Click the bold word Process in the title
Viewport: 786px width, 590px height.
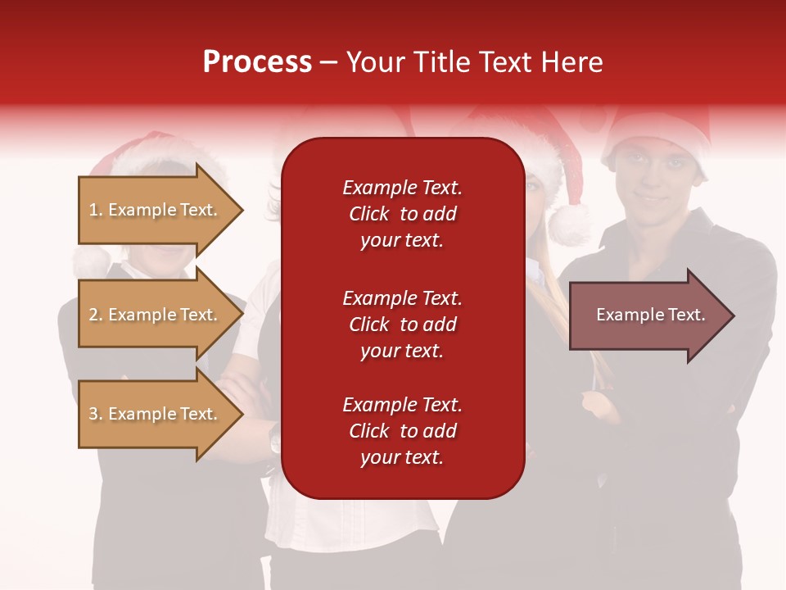[257, 62]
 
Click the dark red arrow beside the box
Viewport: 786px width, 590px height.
[643, 315]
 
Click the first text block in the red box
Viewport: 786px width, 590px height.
[402, 214]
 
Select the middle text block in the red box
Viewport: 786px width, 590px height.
[402, 324]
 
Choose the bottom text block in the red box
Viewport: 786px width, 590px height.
[402, 431]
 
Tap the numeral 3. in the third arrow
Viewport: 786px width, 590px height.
[96, 414]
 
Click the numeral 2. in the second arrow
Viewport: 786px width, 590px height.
[96, 315]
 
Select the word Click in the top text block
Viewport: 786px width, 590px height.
[368, 214]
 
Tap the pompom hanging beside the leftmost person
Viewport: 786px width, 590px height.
[90, 262]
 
